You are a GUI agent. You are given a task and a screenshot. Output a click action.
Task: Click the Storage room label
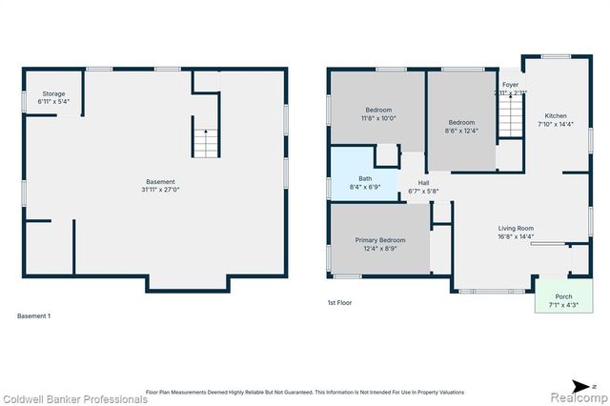pos(52,93)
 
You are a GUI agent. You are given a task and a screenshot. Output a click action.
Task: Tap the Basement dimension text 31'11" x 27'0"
pos(160,190)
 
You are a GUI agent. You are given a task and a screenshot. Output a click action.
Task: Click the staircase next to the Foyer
pos(512,121)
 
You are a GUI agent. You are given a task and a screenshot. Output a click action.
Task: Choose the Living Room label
pos(515,228)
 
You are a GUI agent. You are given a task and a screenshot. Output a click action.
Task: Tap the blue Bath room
pos(365,177)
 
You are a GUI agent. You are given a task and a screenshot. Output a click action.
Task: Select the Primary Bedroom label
pos(380,240)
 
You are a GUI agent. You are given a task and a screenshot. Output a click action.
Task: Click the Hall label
pos(423,182)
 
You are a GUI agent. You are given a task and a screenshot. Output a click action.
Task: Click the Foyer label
pos(510,85)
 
